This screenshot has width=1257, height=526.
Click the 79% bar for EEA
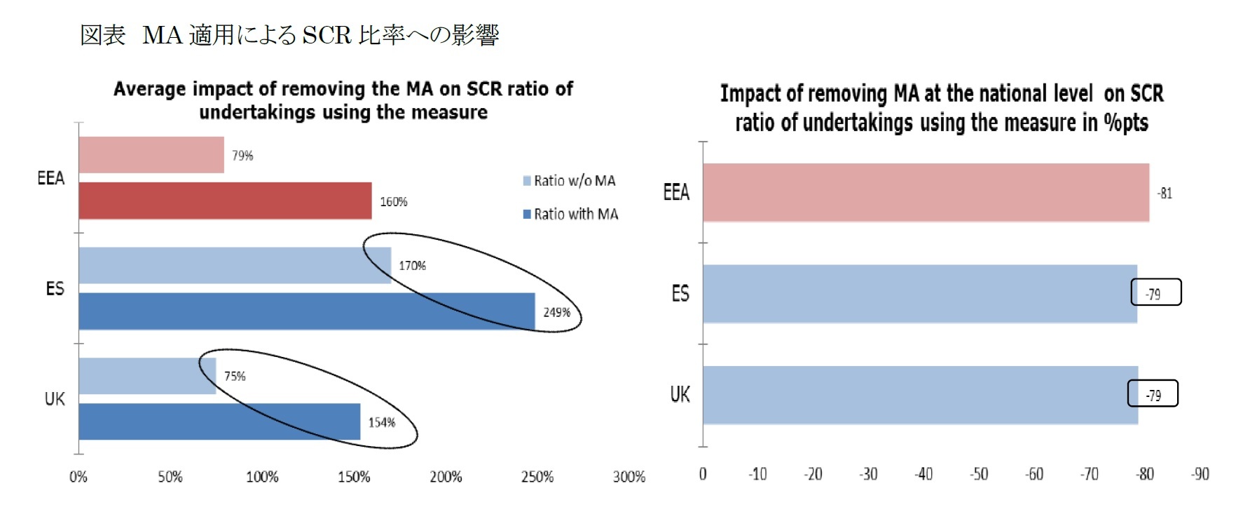click(x=151, y=155)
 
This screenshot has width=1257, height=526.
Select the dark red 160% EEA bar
click(x=225, y=201)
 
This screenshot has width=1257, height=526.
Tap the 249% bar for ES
click(x=306, y=311)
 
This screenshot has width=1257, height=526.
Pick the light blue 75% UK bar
click(x=147, y=376)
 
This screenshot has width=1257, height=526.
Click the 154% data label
click(x=382, y=422)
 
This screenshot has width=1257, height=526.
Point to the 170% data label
click(x=412, y=266)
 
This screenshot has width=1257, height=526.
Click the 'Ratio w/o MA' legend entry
click(x=569, y=181)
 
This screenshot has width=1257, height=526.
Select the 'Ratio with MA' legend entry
click(x=570, y=214)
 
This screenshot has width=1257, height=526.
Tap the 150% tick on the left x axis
click(x=354, y=477)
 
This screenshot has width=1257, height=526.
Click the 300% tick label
click(x=628, y=477)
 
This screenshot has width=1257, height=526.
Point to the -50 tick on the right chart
click(x=979, y=474)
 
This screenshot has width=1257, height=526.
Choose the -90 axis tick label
click(x=1200, y=474)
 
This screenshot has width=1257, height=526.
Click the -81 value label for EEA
click(x=1165, y=194)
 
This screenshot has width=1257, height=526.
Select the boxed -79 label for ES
click(x=1155, y=293)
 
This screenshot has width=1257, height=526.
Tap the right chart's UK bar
click(x=920, y=395)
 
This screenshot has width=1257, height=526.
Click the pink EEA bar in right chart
click(x=926, y=193)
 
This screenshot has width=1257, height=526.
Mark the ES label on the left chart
click(x=55, y=289)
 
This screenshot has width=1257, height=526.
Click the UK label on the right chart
click(x=680, y=395)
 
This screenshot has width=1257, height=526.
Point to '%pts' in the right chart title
click(x=1126, y=123)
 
